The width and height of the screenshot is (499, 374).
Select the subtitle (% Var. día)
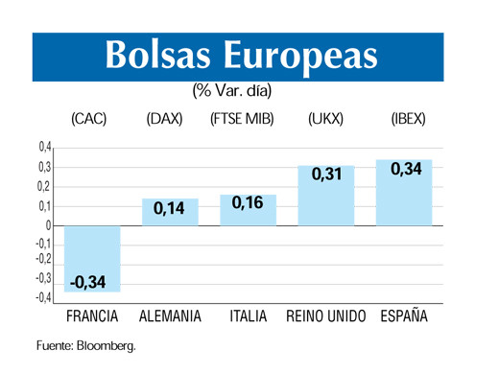click(231, 92)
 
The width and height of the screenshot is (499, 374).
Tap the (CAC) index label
click(89, 121)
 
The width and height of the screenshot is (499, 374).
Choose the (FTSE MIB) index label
click(242, 121)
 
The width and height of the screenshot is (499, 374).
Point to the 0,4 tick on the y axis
click(44, 148)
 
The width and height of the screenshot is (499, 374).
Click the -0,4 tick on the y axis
click(42, 298)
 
